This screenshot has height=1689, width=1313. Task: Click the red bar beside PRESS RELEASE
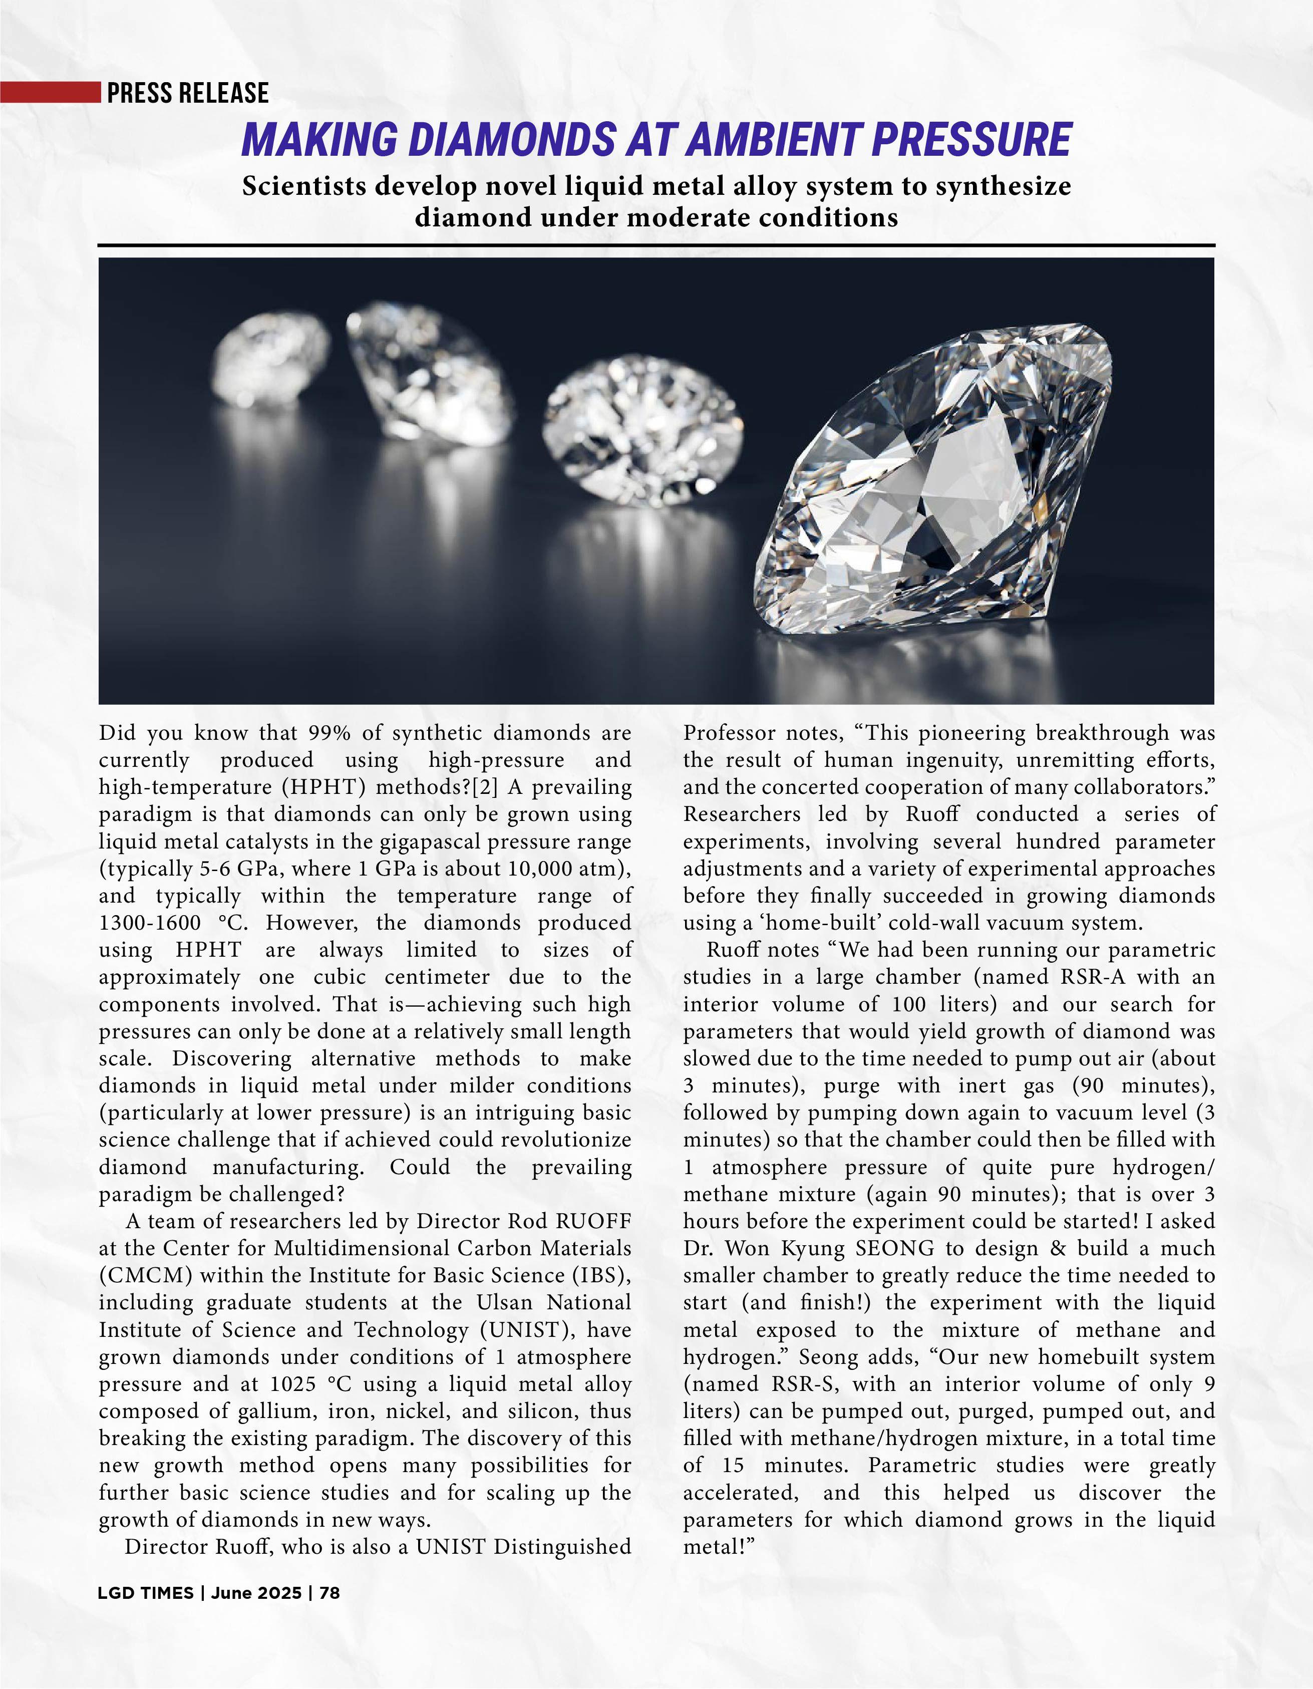50,92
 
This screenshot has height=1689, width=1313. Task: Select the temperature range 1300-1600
149,923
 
